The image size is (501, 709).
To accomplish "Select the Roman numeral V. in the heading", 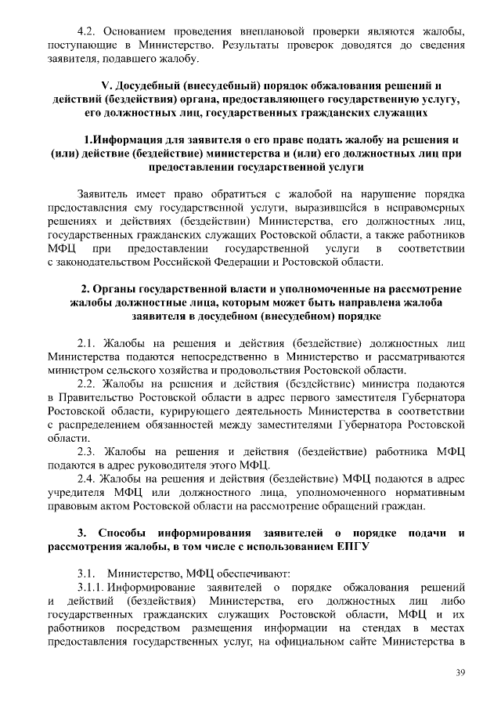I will pos(110,85).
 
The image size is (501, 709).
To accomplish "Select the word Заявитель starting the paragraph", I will pos(105,194).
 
